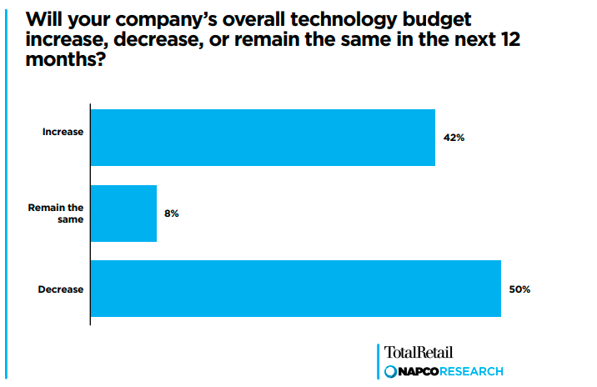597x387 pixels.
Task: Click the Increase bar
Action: click(263, 138)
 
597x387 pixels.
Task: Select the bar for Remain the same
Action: click(123, 214)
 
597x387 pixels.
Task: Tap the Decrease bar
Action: click(295, 289)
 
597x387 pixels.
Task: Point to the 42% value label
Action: click(454, 138)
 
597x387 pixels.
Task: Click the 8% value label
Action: click(171, 214)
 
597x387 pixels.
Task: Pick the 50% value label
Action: click(519, 289)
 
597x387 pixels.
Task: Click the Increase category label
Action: click(63, 132)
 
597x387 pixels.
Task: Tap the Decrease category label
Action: click(61, 289)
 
